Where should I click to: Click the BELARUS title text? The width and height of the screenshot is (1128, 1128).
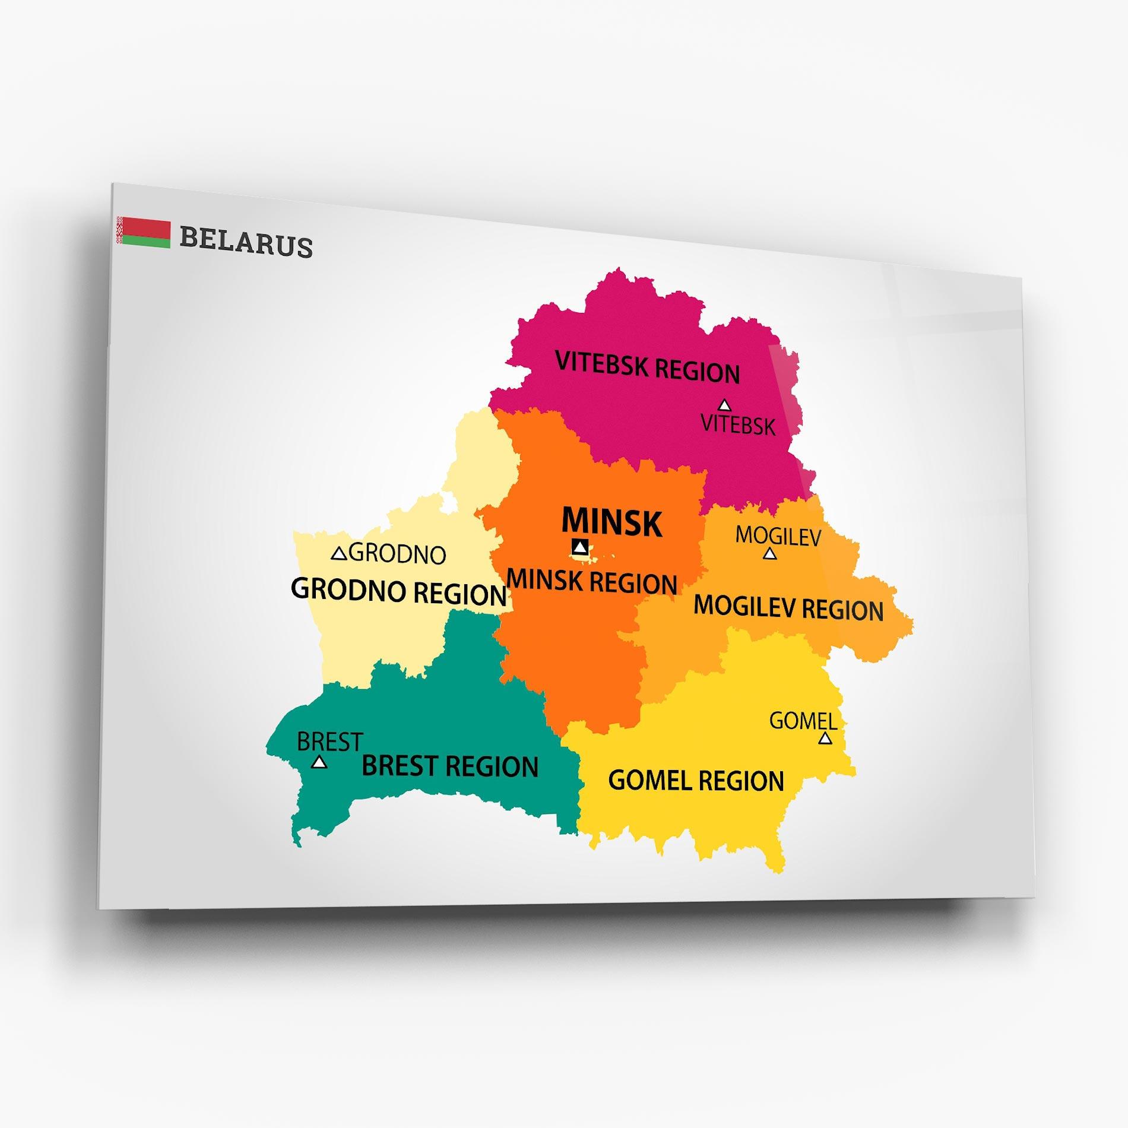[x=246, y=242]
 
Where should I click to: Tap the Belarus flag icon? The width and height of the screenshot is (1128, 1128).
[x=144, y=232]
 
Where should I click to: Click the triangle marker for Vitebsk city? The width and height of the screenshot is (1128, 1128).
[x=724, y=405]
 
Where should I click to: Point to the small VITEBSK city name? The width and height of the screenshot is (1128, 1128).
[x=738, y=425]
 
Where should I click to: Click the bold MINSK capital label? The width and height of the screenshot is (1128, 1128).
[x=611, y=522]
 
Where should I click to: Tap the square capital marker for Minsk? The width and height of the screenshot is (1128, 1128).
[x=580, y=547]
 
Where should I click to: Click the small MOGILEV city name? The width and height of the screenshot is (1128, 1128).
[x=778, y=536]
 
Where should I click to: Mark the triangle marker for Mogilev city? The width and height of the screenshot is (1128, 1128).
[x=769, y=554]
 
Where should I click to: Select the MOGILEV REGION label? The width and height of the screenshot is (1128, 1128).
[x=788, y=608]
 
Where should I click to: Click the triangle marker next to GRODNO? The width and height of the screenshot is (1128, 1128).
[x=339, y=554]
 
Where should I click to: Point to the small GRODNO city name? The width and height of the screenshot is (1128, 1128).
[x=397, y=554]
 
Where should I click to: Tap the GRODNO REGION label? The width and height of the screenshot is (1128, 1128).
[x=398, y=592]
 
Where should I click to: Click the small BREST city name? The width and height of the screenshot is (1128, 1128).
[x=329, y=742]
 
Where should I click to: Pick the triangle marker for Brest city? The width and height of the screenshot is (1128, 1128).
[x=319, y=762]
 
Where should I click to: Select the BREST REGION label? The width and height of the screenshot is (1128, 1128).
[x=450, y=766]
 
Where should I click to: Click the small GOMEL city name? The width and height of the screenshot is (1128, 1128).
[x=803, y=721]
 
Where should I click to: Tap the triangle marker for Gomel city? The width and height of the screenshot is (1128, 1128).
[x=825, y=739]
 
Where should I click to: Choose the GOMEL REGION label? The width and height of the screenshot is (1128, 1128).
[x=696, y=780]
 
